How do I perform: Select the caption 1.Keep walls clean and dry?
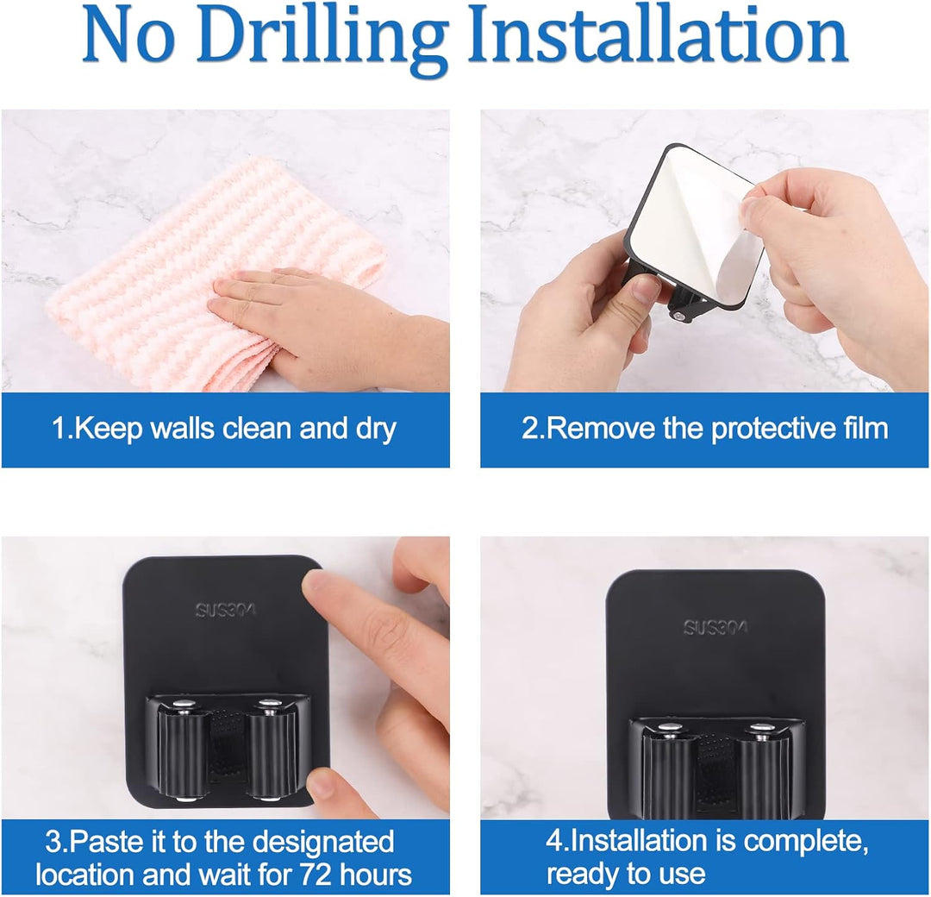[224, 429]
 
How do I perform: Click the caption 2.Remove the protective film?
[705, 429]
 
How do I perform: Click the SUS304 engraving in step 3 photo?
[225, 610]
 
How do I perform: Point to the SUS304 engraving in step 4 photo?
[715, 627]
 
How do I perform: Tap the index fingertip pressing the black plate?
[323, 588]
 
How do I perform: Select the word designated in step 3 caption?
[322, 844]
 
